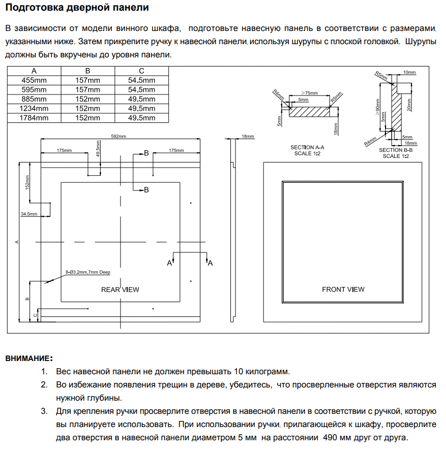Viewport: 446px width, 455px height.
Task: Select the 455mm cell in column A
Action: (x=34, y=80)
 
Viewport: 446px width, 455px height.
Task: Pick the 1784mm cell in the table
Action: (x=34, y=118)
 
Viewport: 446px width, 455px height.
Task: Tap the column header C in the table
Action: (x=141, y=71)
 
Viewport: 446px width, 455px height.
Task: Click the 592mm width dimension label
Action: (x=119, y=136)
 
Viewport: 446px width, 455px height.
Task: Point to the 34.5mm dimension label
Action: (x=29, y=214)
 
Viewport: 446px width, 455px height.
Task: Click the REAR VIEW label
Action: (x=120, y=289)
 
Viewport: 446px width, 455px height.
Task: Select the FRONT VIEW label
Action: (x=343, y=289)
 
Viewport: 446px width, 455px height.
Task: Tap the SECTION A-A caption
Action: (x=307, y=148)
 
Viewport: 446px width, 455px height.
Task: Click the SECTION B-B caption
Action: (x=395, y=150)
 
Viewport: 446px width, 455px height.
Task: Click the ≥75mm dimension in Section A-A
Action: (x=309, y=93)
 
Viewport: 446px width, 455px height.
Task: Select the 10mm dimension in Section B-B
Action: (x=409, y=73)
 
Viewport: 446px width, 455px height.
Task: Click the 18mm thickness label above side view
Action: (x=248, y=136)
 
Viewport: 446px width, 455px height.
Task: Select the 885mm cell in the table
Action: (x=34, y=99)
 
